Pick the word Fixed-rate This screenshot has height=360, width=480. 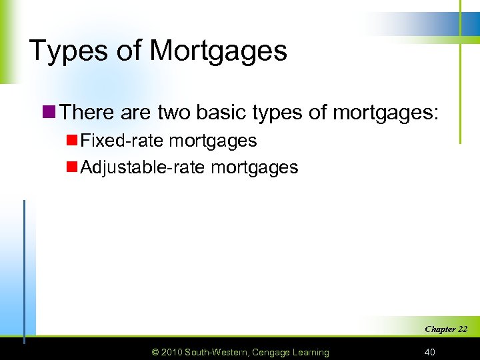click(121, 141)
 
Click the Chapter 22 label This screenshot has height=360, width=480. click(445, 329)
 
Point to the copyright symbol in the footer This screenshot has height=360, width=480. click(156, 352)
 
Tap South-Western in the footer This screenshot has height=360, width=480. click(219, 352)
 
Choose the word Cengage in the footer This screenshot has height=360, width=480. click(273, 352)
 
